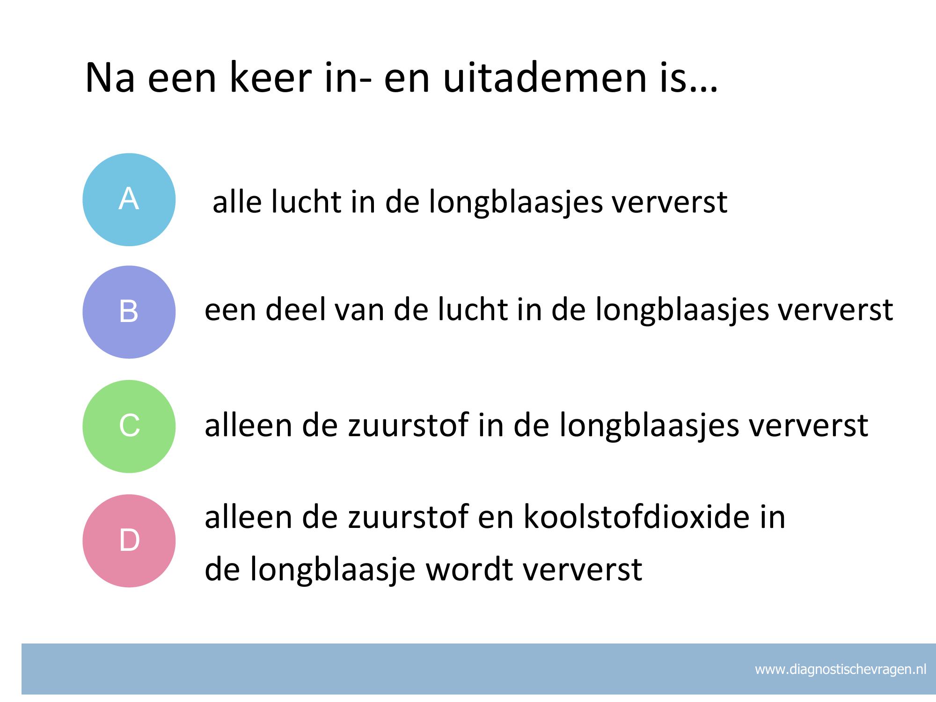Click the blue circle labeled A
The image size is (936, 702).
(x=129, y=200)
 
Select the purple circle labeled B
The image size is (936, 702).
(x=129, y=312)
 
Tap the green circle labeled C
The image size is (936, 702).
(x=129, y=426)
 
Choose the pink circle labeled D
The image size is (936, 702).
(x=129, y=541)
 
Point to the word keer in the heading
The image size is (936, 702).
(x=270, y=77)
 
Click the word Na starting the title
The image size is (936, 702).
(x=110, y=78)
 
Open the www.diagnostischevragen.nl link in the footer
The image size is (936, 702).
(x=841, y=669)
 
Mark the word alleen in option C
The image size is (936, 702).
(x=248, y=425)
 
